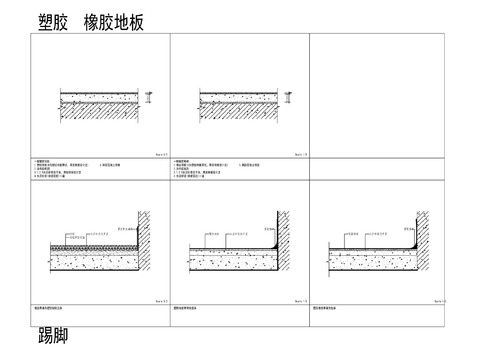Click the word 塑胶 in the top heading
click(51, 21)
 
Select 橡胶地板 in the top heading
click(114, 21)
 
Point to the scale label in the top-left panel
click(161, 154)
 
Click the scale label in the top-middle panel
click(300, 154)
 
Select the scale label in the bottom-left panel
click(161, 299)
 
